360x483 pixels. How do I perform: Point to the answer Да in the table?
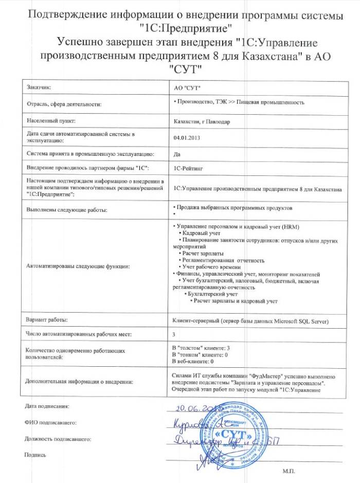(x=177, y=153)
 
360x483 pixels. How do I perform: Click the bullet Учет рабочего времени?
(x=211, y=267)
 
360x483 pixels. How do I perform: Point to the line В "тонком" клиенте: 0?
(x=201, y=355)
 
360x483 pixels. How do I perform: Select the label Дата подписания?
(x=46, y=406)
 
